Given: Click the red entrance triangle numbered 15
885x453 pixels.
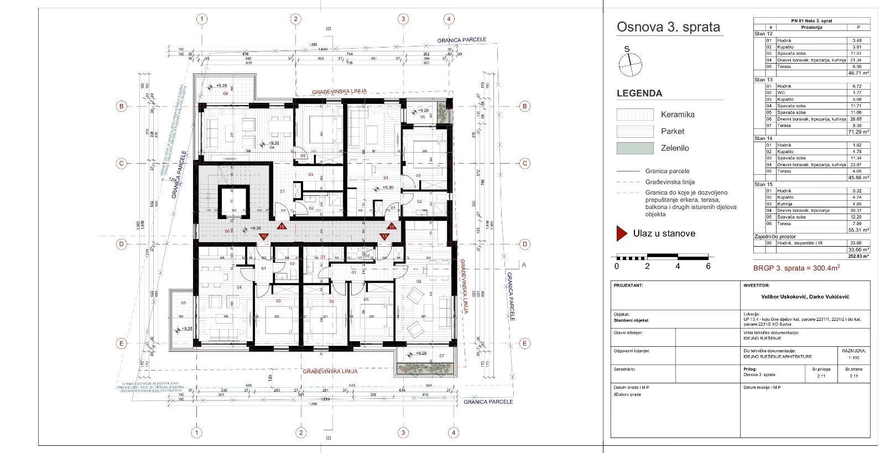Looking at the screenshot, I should [x=281, y=226].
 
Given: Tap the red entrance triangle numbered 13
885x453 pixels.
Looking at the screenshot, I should [x=384, y=236].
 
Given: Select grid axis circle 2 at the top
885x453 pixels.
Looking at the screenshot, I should [x=296, y=19].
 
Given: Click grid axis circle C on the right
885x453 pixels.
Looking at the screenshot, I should [x=525, y=163].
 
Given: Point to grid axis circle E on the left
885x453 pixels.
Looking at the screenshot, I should [x=121, y=343].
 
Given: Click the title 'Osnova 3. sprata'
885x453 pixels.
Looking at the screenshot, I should [x=668, y=27].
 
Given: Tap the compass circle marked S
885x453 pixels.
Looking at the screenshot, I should [x=631, y=65].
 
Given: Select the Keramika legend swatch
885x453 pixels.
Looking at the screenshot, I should [x=634, y=114].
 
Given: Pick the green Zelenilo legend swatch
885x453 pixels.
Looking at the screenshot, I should [x=634, y=148].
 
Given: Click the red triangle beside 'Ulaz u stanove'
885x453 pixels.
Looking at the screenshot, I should [x=622, y=233].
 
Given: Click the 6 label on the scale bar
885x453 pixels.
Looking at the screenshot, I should [x=708, y=266].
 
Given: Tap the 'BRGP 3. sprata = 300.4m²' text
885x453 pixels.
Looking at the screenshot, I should [x=796, y=268].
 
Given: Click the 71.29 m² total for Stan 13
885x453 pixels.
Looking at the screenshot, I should [x=858, y=132].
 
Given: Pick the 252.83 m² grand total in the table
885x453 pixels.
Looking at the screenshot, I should [x=858, y=256].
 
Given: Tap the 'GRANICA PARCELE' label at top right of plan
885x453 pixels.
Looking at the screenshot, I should [x=461, y=40].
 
